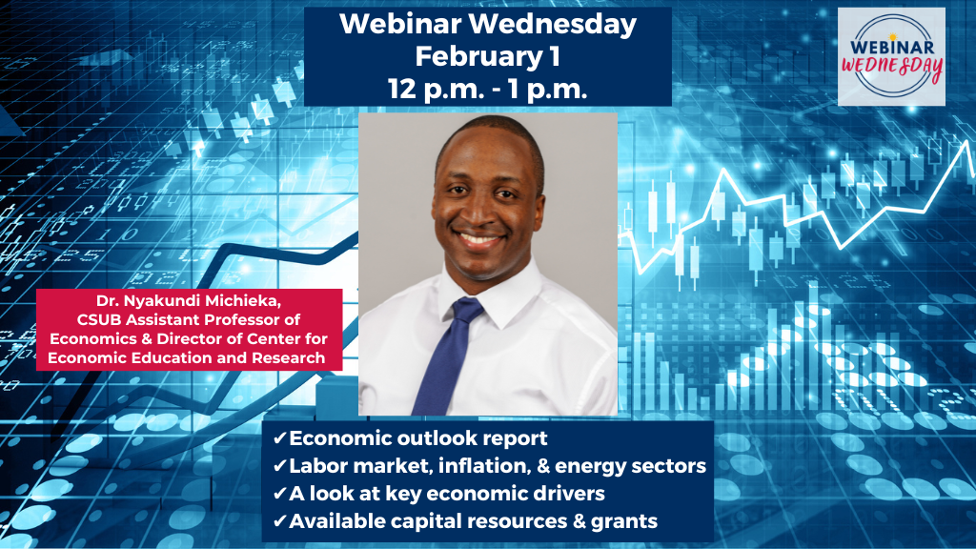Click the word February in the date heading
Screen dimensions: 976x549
478,57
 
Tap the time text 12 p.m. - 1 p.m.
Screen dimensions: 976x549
487,89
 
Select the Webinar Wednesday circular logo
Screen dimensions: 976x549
891,56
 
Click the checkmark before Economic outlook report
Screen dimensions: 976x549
279,438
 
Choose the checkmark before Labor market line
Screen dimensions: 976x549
279,465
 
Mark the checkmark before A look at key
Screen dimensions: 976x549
279,494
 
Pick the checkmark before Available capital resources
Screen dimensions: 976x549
279,521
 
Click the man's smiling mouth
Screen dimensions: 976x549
480,239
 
